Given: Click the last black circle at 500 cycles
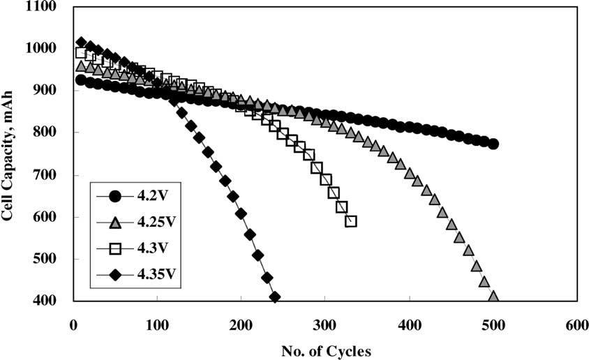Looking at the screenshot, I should click(493, 144).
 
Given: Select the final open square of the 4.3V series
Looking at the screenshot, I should click(351, 221).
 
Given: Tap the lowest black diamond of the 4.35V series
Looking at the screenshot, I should click(275, 297).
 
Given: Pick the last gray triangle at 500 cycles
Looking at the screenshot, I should click(493, 297).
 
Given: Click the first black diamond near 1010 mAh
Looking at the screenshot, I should click(82, 43).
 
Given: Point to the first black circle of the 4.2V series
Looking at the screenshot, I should click(81, 80).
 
